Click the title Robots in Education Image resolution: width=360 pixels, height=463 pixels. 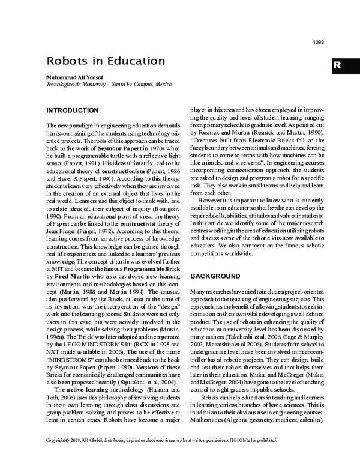[x=106, y=61]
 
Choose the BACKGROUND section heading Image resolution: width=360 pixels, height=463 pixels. [x=215, y=276]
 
